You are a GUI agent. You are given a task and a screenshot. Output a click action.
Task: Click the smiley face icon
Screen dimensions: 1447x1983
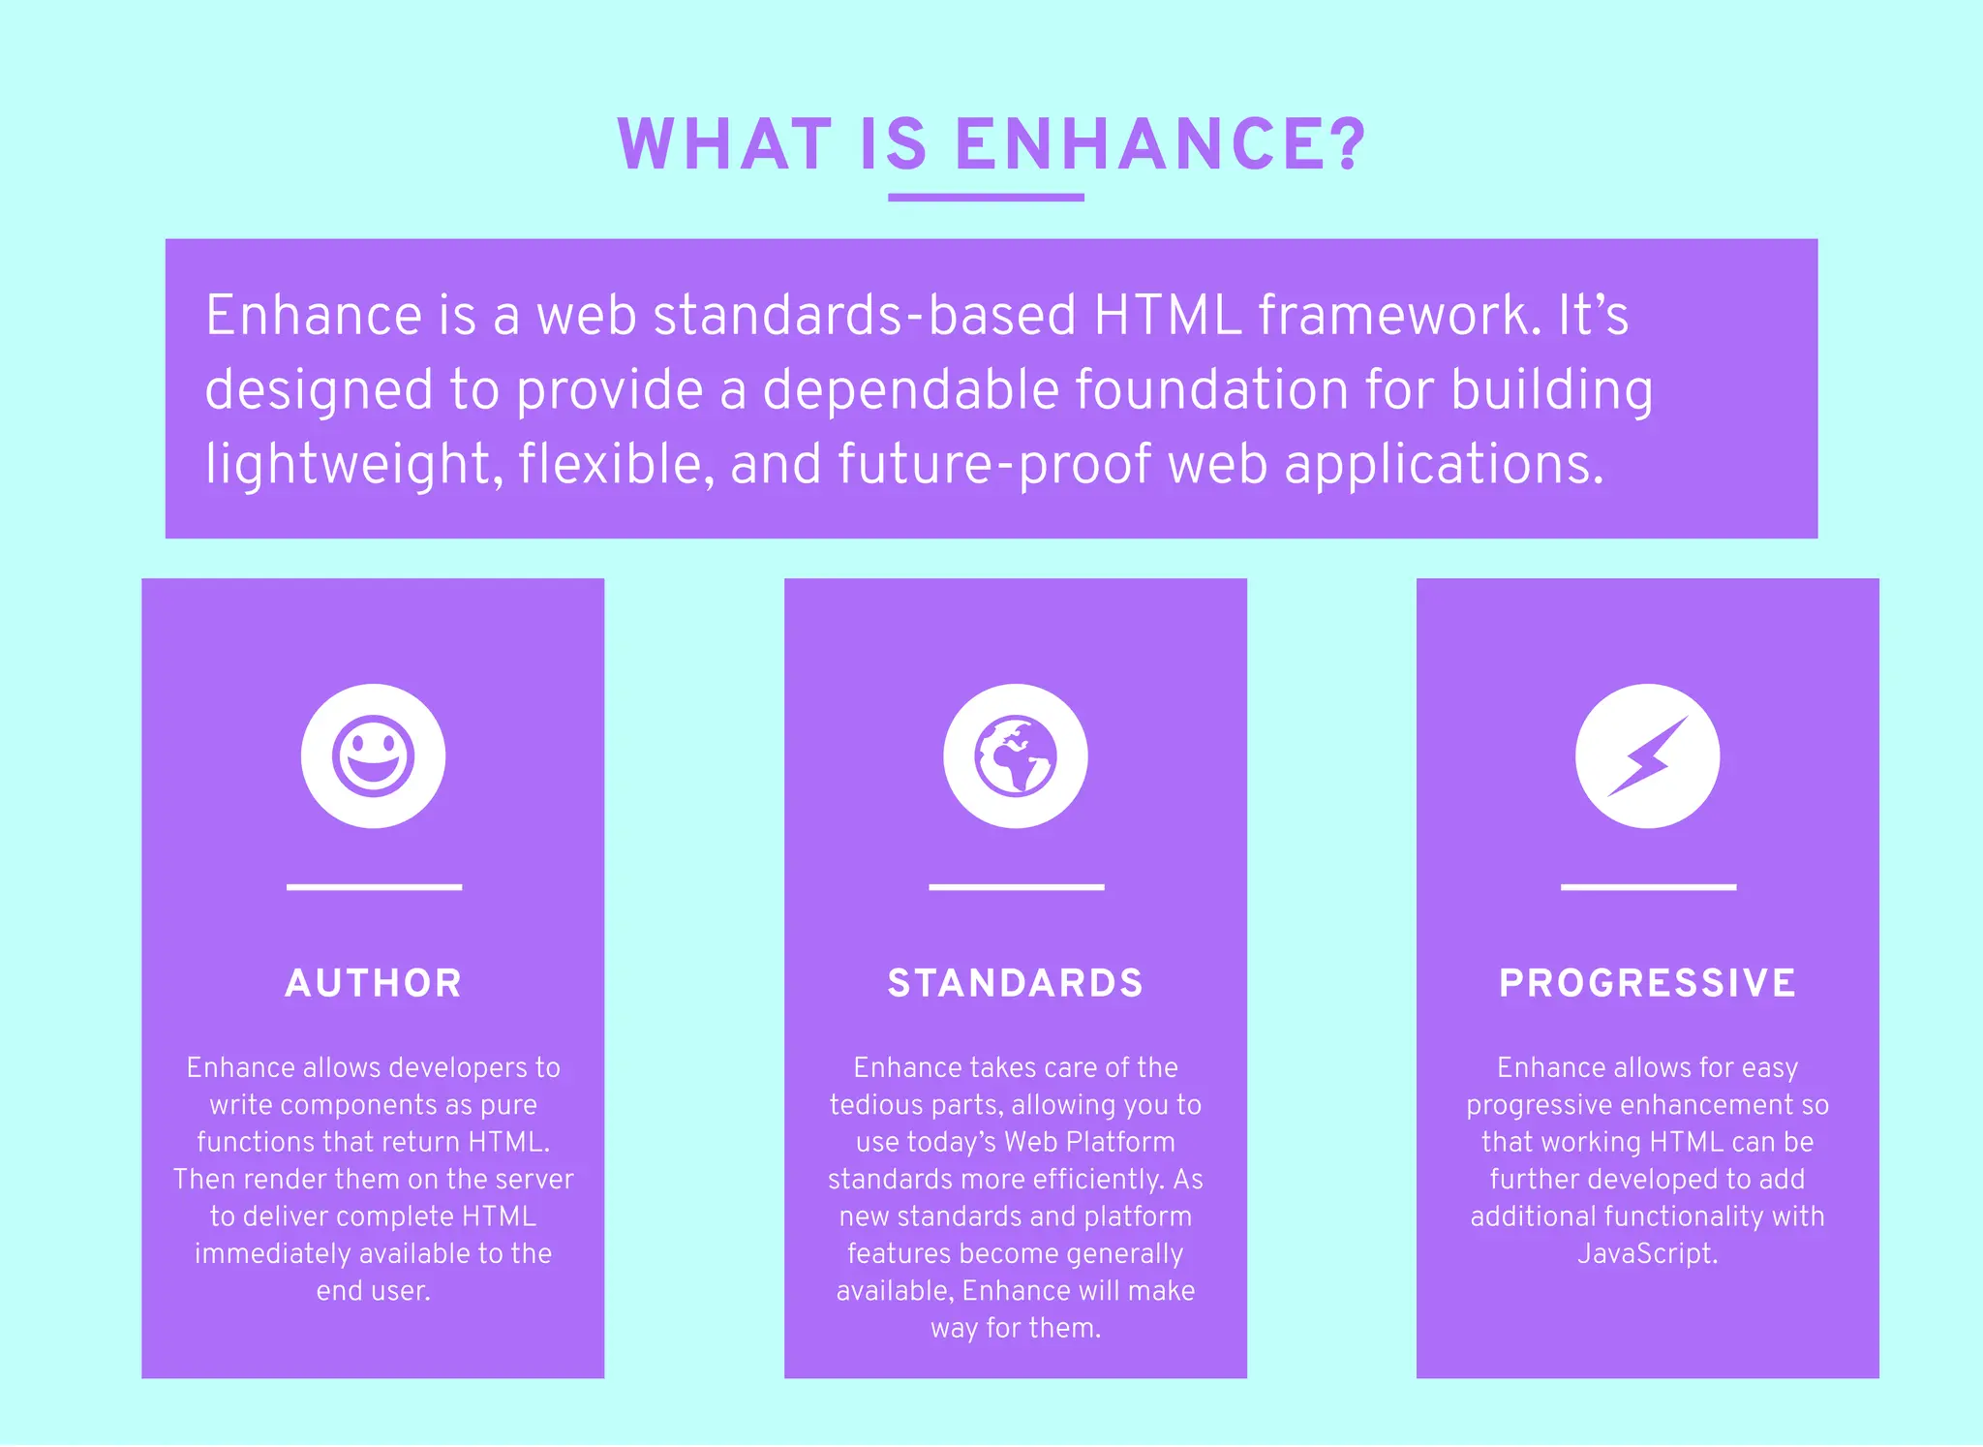373,755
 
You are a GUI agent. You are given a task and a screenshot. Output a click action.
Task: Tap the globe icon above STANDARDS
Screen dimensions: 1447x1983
1015,755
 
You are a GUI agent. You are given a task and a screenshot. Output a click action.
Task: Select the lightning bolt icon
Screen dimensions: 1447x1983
1647,755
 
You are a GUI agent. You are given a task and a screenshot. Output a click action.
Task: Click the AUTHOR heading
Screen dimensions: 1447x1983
373,983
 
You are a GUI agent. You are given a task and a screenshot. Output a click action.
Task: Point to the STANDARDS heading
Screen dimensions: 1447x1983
1015,983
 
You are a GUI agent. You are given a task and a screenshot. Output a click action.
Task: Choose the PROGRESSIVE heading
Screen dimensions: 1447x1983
1647,983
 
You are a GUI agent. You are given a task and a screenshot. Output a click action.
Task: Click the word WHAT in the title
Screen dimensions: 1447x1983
724,145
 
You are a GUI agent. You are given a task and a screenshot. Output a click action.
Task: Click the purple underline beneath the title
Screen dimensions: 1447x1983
986,198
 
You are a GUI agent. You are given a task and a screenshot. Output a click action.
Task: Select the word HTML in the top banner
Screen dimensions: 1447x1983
1167,316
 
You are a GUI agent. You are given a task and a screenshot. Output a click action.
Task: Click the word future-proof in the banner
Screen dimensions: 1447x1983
994,465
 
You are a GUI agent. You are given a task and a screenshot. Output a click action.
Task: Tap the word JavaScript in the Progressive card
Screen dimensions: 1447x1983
1646,1254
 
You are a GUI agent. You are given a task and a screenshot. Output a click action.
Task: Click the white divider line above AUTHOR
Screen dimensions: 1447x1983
374,886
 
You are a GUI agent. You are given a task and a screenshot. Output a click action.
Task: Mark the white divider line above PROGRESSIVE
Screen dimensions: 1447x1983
1648,886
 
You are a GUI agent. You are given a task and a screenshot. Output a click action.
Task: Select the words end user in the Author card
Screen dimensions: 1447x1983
373,1291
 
